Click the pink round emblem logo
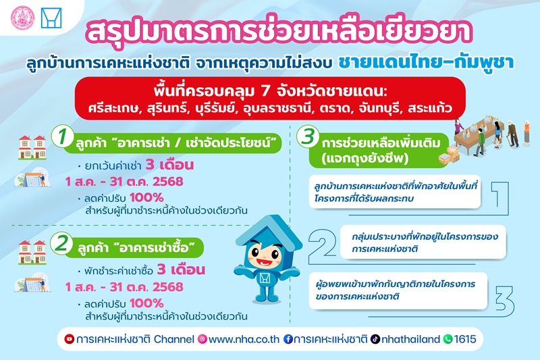point(23,18)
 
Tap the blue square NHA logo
point(51,18)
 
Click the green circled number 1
point(62,136)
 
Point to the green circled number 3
point(308,136)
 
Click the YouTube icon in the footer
point(70,339)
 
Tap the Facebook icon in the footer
point(288,339)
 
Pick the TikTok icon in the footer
point(375,339)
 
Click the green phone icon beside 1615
point(448,339)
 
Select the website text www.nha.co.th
point(244,339)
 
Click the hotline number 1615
point(465,339)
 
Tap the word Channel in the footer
point(174,339)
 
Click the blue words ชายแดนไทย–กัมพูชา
point(427,62)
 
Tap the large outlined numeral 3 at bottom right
point(504,300)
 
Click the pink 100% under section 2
point(146,303)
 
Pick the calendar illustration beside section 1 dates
point(32,178)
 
